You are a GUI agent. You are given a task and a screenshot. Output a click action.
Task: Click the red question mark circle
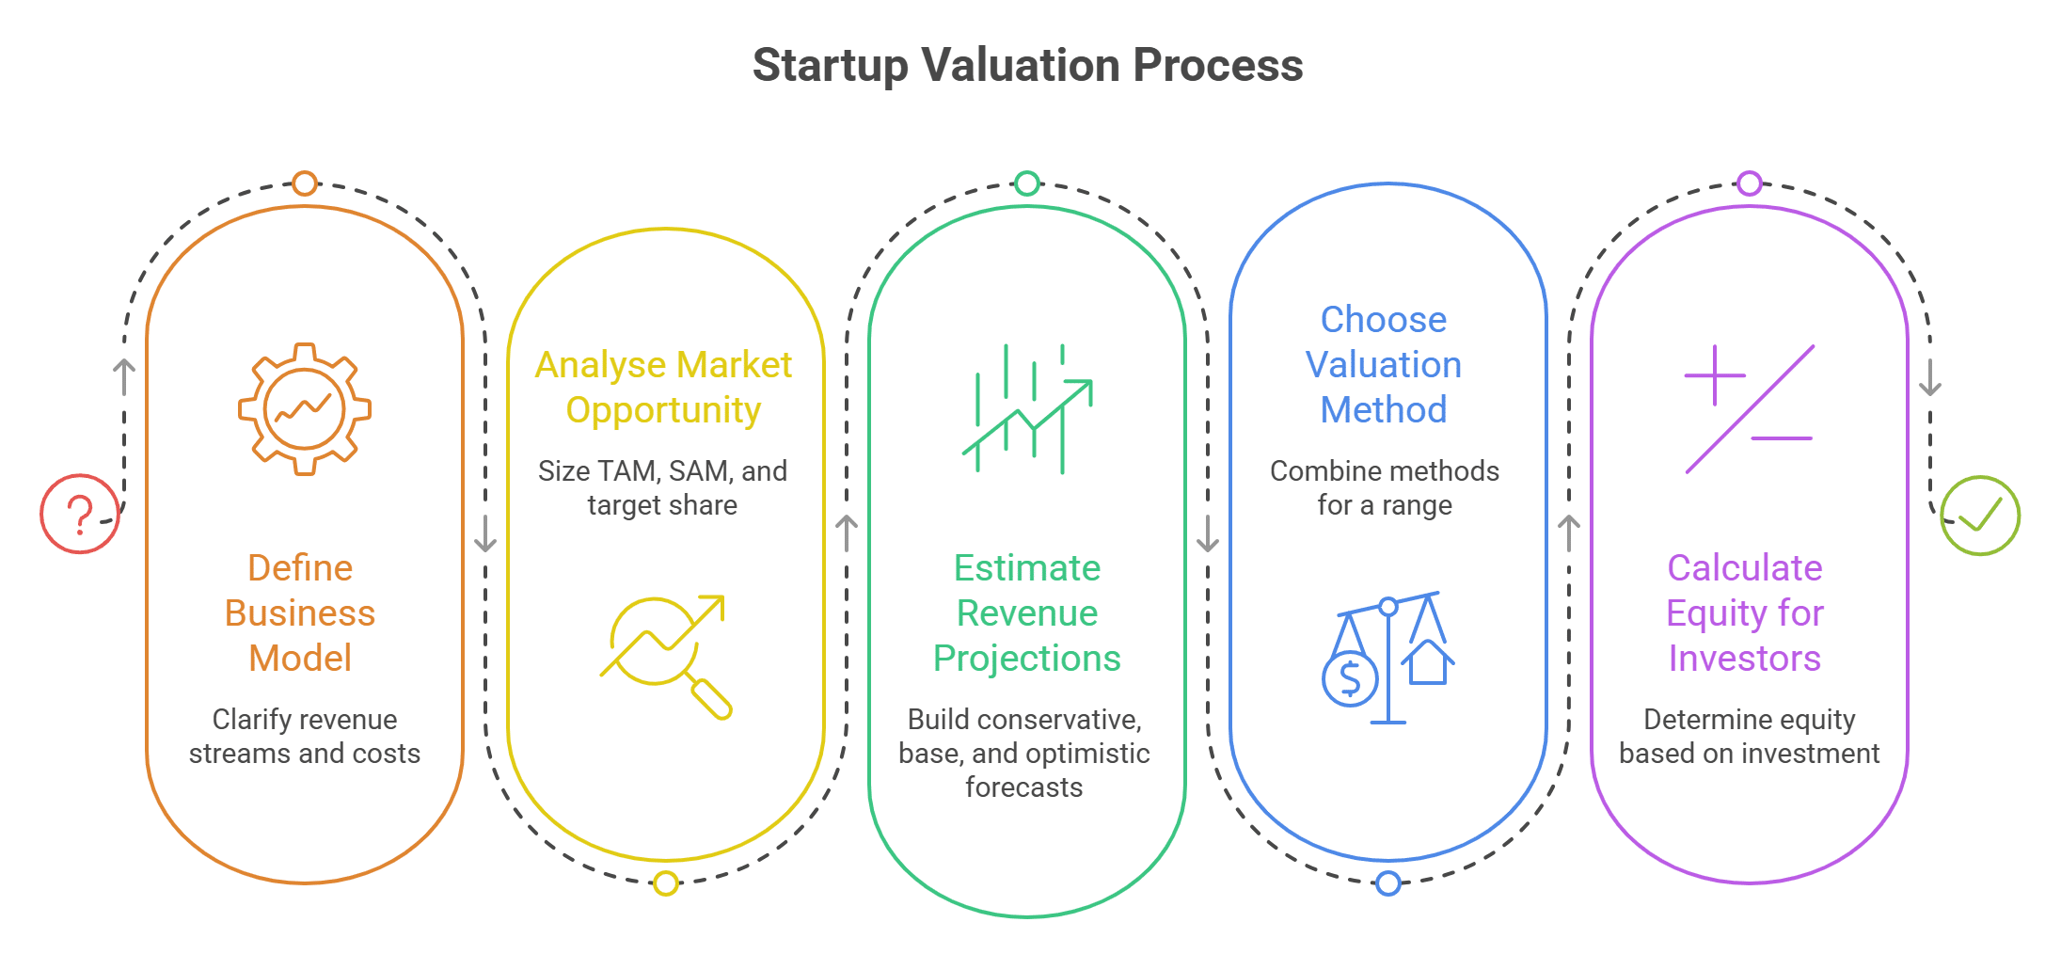point(80,514)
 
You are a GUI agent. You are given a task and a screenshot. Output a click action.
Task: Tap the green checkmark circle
point(1979,516)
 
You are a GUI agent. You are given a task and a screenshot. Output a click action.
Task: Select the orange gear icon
point(304,409)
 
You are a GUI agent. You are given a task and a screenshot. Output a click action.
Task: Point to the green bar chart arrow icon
point(1027,409)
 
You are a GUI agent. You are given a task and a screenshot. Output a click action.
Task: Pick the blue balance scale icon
point(1387,658)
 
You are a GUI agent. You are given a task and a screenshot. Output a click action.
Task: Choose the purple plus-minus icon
point(1749,409)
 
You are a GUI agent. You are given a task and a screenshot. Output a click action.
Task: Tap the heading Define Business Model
point(300,612)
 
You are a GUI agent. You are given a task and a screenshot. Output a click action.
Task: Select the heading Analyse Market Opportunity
point(663,387)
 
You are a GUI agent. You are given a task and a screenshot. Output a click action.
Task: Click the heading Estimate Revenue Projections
point(1027,612)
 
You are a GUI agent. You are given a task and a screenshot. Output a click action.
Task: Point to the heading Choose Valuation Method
point(1384,364)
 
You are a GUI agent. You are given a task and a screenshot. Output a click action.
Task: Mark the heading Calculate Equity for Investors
point(1745,612)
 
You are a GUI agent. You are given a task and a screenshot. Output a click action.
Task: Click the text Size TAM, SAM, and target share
point(663,487)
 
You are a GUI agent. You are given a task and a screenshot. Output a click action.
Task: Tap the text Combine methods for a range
point(1385,487)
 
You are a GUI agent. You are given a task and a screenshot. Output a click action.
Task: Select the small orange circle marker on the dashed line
point(304,183)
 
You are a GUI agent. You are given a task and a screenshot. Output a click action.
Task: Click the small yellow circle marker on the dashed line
point(666,883)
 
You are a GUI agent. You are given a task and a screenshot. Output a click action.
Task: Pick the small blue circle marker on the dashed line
point(1388,883)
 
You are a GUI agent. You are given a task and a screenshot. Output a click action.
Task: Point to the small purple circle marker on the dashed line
point(1750,183)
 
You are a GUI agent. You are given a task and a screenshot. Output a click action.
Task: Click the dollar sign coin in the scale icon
point(1350,677)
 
